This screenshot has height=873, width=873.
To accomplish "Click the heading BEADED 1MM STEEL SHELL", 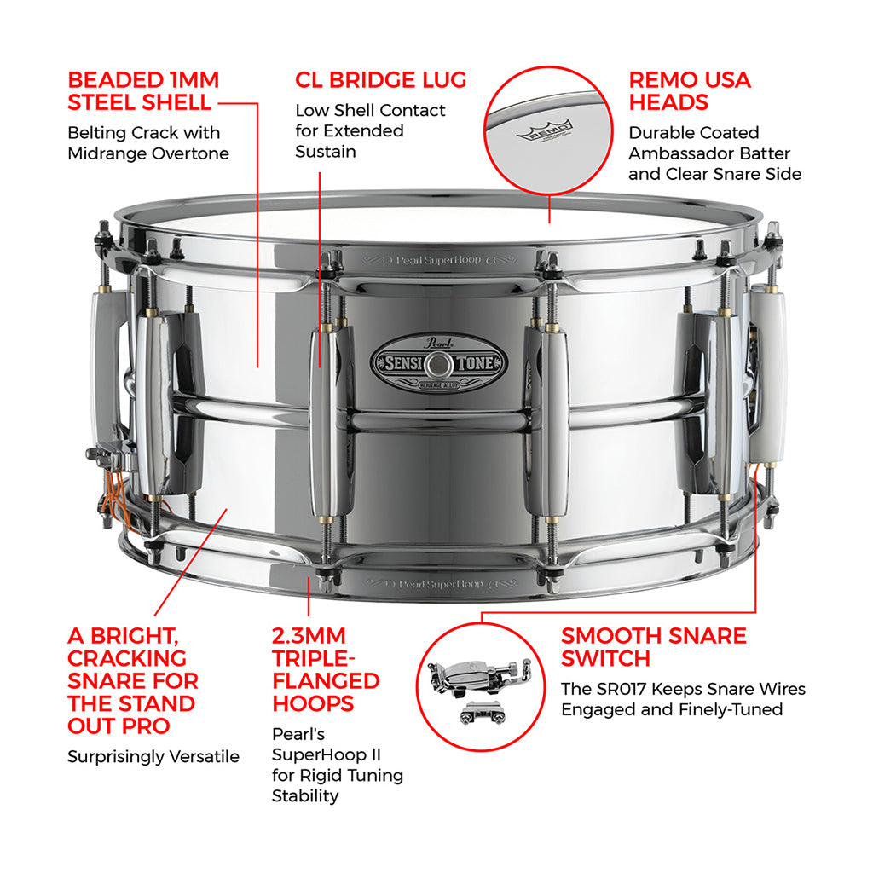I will (143, 91).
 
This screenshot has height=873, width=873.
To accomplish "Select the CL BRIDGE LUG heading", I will (381, 80).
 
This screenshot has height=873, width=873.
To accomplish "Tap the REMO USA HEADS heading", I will (690, 91).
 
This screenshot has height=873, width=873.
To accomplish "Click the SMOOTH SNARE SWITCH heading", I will (653, 647).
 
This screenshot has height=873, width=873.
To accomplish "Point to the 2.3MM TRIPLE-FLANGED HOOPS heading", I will (326, 669).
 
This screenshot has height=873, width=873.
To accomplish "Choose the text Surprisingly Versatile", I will (153, 757).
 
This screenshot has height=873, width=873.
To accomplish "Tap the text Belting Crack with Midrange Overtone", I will (148, 143).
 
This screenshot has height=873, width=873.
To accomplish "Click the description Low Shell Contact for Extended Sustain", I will (370, 131).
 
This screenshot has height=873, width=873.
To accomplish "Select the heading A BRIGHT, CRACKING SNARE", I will (132, 680).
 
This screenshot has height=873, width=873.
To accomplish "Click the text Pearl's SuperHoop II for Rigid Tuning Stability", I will (337, 765).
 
